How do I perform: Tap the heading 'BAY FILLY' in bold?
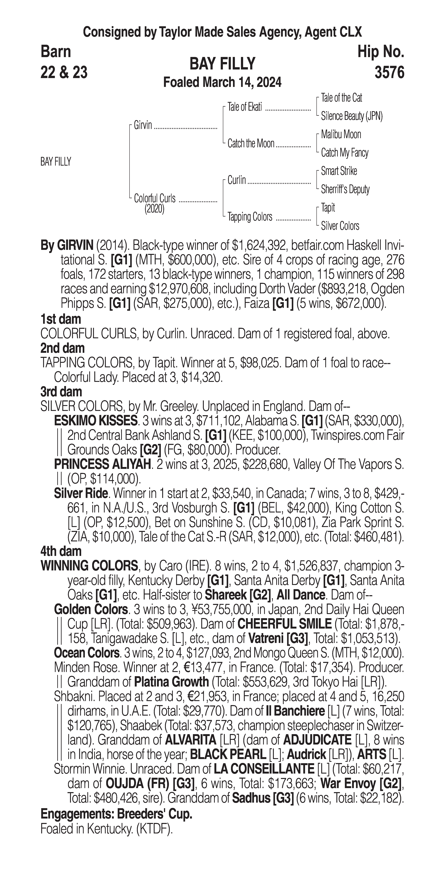(x=222, y=64)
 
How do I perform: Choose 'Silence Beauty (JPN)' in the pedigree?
(x=352, y=116)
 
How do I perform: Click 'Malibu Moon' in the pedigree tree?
(x=341, y=134)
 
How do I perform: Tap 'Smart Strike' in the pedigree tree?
(x=339, y=171)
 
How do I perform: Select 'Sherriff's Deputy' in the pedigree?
(x=345, y=189)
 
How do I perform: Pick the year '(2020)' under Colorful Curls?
(x=154, y=209)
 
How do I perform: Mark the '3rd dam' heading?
(x=61, y=392)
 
